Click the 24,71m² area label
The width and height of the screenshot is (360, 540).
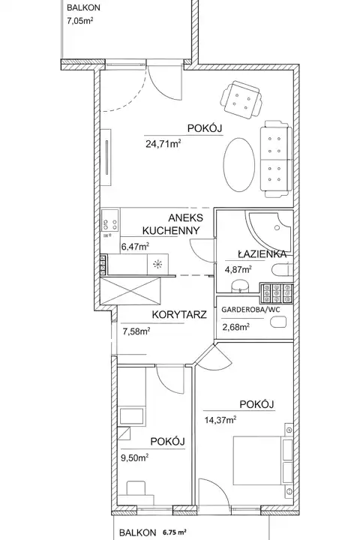[163, 143]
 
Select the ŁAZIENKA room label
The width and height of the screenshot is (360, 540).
[262, 254]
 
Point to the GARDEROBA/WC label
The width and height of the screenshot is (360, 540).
[250, 309]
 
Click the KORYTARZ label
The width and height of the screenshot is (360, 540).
[179, 314]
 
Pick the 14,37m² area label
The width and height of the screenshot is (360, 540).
[220, 419]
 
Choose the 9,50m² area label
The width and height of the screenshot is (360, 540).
[134, 457]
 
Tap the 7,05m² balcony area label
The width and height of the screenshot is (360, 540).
[80, 21]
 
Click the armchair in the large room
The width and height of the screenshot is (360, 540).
[241, 100]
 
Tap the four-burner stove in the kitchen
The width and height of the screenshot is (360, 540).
[110, 225]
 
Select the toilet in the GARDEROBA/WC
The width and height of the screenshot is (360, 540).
[279, 322]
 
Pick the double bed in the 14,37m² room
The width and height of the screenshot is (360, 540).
[262, 460]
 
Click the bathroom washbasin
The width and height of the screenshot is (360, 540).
[241, 286]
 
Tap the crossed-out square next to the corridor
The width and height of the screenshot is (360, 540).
[130, 291]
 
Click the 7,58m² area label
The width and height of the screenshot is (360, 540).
[136, 331]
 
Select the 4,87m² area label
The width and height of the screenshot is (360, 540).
[238, 269]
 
